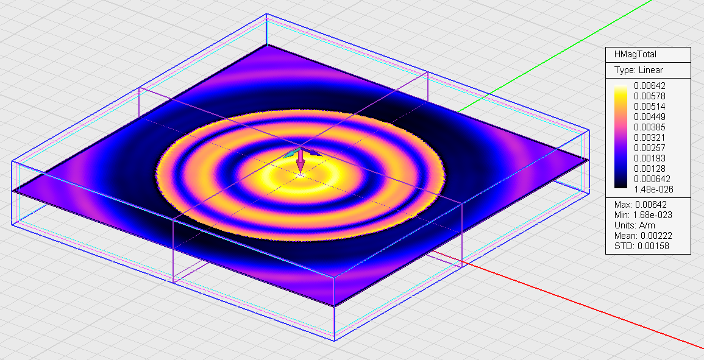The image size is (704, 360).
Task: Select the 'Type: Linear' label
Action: [632, 70]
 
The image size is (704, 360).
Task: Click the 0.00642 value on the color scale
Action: [650, 86]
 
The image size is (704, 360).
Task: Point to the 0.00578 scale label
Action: [650, 96]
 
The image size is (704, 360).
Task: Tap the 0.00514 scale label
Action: [650, 107]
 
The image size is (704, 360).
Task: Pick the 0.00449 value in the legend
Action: [650, 117]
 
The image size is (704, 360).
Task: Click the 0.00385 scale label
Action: [650, 127]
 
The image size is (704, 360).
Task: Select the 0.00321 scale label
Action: [650, 137]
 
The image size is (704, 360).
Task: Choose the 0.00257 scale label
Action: [650, 147]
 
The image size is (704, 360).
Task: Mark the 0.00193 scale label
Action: [650, 158]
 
